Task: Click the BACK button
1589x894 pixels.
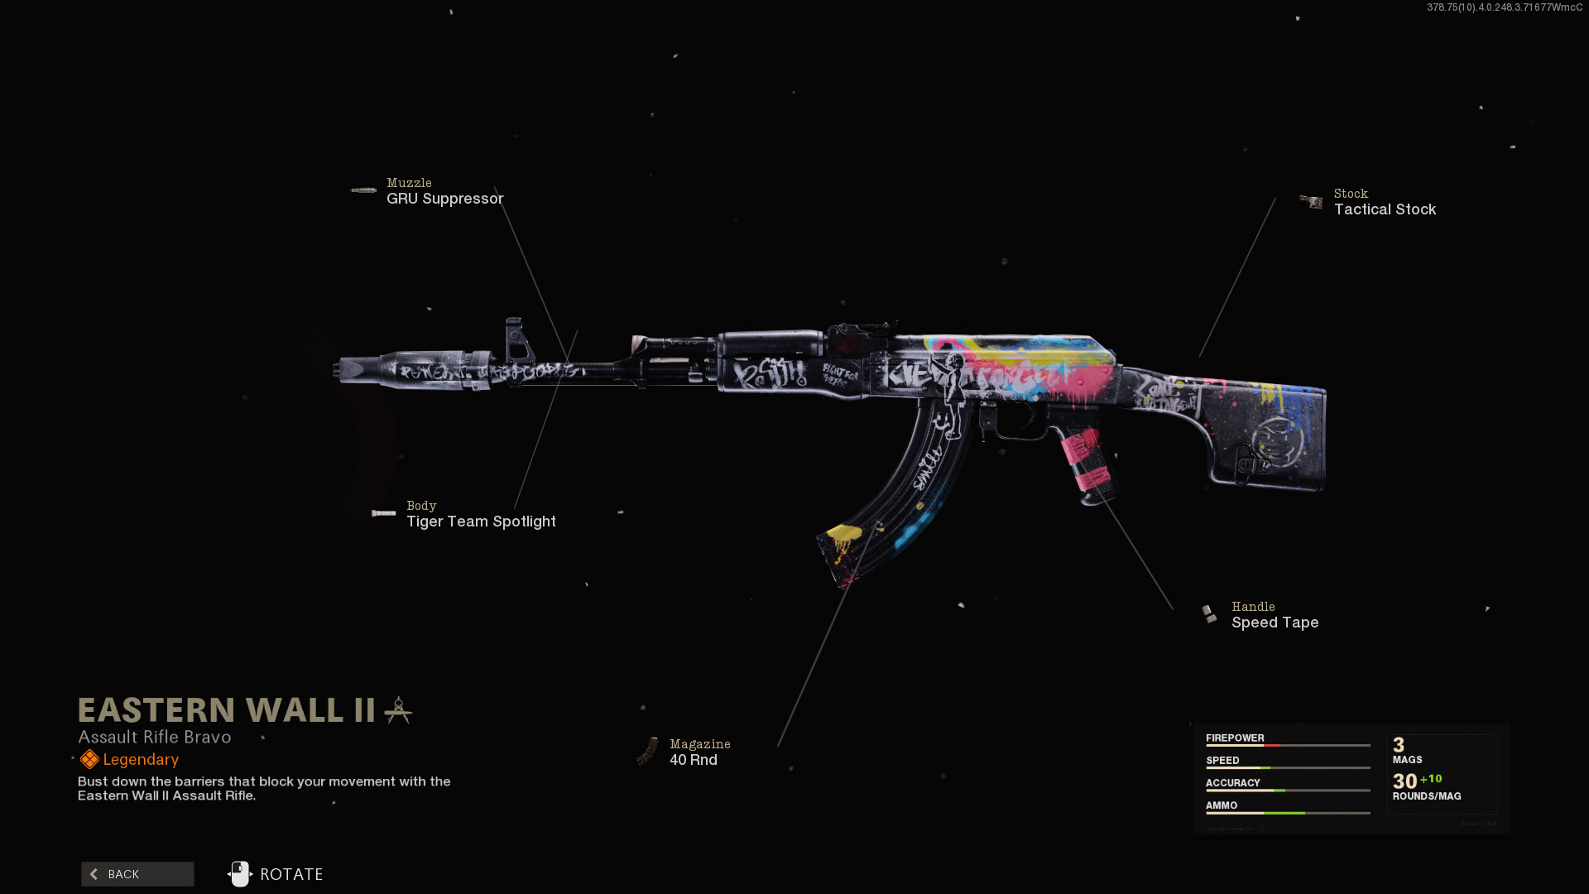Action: pyautogui.click(x=137, y=874)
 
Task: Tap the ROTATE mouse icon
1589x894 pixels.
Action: pyautogui.click(x=240, y=874)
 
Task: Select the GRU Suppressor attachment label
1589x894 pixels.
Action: pyautogui.click(x=444, y=199)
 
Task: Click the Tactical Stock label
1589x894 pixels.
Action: pyautogui.click(x=1385, y=209)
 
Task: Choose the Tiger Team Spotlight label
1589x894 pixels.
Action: pyautogui.click(x=481, y=521)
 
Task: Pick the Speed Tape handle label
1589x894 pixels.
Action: pyautogui.click(x=1275, y=622)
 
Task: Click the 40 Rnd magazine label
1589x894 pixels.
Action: pyautogui.click(x=694, y=760)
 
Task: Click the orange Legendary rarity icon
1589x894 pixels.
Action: pyautogui.click(x=89, y=759)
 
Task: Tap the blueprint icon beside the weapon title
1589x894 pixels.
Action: pyautogui.click(x=398, y=710)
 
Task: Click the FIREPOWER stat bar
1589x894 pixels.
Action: pyautogui.click(x=1288, y=745)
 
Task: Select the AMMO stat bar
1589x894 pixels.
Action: pyautogui.click(x=1288, y=813)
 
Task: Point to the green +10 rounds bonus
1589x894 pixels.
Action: pyautogui.click(x=1431, y=779)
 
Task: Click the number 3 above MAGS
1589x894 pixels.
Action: pyautogui.click(x=1399, y=745)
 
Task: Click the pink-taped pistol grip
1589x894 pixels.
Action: pyautogui.click(x=1087, y=464)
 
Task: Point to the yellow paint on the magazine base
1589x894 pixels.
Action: pyautogui.click(x=843, y=536)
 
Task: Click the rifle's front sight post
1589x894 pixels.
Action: pyautogui.click(x=515, y=339)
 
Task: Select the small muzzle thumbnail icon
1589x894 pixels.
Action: pyautogui.click(x=363, y=190)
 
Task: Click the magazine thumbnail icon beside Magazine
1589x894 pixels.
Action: pyautogui.click(x=647, y=752)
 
